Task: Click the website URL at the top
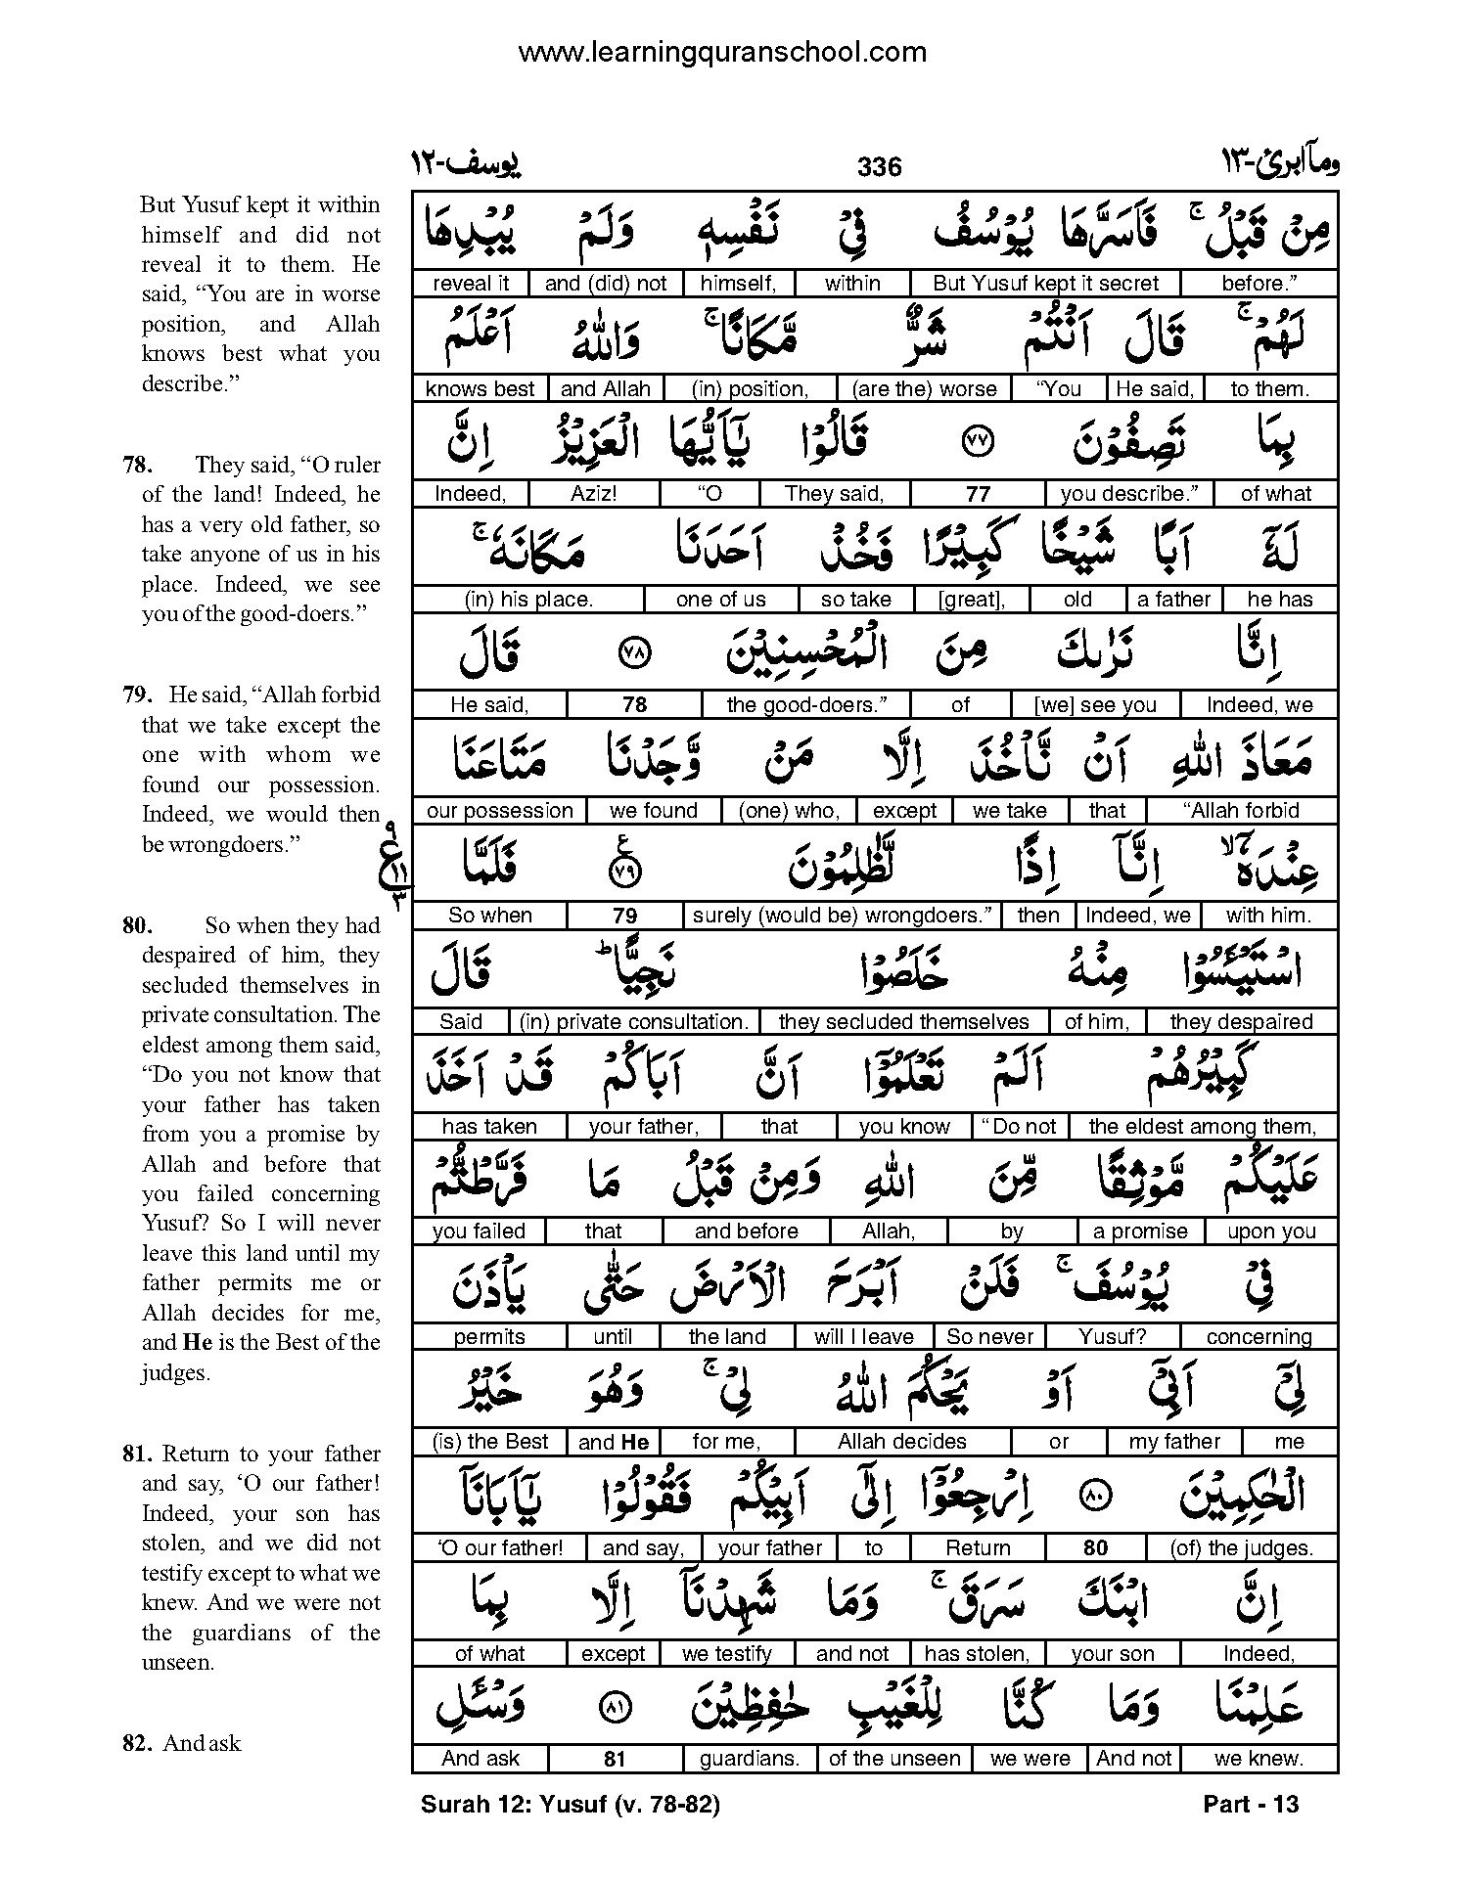pos(722,52)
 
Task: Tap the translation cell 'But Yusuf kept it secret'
pos(1045,284)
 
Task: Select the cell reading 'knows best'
pos(480,388)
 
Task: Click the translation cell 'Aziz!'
pos(594,494)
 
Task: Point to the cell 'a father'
pos(1173,600)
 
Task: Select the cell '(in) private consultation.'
pos(634,1022)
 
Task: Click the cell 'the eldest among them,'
pos(1202,1127)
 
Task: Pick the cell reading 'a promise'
pos(1140,1231)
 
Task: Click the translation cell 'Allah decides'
pos(901,1442)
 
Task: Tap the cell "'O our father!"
pos(500,1547)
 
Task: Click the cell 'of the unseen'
pos(894,1758)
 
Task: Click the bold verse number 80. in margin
pos(137,925)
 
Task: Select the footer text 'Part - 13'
pos(1251,1804)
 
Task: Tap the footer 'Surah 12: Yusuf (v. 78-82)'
pos(571,1804)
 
